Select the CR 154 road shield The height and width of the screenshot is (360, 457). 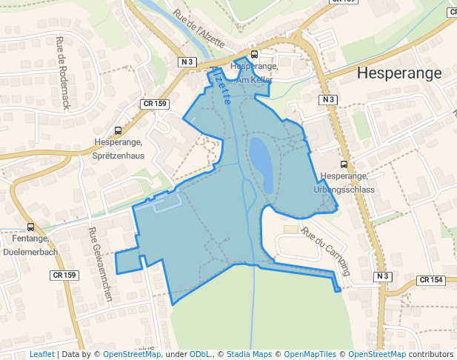430,280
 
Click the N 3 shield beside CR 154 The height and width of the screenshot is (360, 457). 381,276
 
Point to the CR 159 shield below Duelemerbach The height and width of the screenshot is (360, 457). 64,275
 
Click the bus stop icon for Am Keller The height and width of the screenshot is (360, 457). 254,54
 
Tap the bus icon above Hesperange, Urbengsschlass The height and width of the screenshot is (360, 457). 343,164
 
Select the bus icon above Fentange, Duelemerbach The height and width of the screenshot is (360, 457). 30,227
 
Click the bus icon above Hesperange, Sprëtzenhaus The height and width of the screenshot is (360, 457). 118,130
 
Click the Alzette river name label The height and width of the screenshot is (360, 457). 221,84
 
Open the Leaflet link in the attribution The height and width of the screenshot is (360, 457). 42,354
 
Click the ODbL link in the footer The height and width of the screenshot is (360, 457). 201,354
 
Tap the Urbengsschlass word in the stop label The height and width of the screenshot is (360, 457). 344,189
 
